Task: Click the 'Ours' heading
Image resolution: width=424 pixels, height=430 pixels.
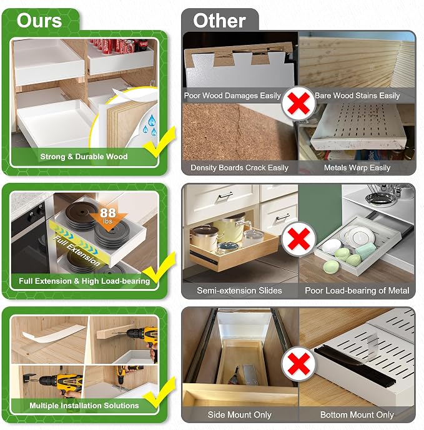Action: [39, 21]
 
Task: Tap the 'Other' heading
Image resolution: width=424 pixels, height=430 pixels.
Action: [219, 21]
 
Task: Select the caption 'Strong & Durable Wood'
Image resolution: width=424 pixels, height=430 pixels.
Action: [84, 157]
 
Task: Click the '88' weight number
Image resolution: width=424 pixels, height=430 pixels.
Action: [108, 213]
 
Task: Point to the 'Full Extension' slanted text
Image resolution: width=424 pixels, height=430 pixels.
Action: [77, 250]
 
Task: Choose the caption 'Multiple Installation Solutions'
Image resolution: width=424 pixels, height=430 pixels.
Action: [84, 405]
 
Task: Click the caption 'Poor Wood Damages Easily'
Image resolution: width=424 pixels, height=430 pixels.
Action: [232, 95]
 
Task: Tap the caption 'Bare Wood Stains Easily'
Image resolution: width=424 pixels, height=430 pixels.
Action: [357, 95]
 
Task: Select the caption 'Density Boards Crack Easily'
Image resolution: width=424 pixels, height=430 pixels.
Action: [239, 167]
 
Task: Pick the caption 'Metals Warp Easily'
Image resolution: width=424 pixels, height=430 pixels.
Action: [357, 167]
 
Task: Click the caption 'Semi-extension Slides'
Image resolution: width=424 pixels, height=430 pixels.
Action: [239, 290]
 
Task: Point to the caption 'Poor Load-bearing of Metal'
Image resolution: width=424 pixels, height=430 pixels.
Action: [357, 290]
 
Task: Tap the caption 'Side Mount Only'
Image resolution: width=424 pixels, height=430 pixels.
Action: [239, 414]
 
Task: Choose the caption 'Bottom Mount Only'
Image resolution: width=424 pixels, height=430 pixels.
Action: [357, 414]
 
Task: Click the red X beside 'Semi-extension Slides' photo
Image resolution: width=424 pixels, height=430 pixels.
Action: [298, 238]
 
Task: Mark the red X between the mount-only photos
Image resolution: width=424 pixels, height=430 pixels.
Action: [298, 364]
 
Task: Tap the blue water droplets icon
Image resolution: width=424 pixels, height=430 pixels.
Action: [150, 125]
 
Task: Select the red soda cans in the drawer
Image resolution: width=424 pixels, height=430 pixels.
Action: [119, 46]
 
